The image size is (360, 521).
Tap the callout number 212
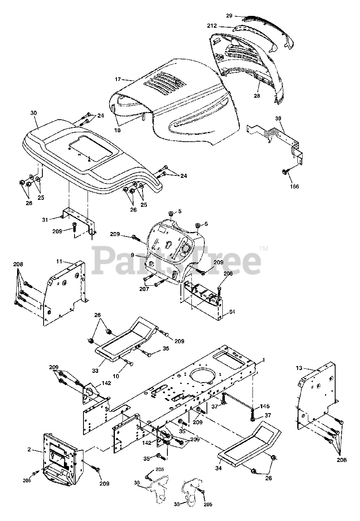(x=224, y=26)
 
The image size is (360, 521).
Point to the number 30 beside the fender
(x=33, y=113)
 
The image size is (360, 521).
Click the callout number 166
(x=294, y=186)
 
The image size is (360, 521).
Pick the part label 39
(x=278, y=118)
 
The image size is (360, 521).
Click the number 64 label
(x=232, y=312)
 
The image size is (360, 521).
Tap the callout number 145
(x=265, y=406)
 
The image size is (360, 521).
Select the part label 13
(x=299, y=368)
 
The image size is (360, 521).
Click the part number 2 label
(x=29, y=449)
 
